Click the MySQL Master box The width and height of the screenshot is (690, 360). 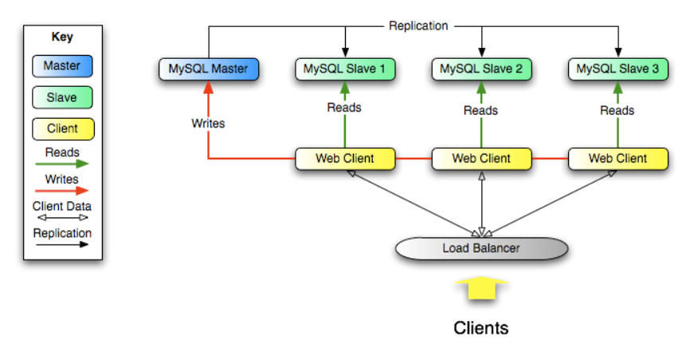point(208,68)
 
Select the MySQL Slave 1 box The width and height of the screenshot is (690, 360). point(344,68)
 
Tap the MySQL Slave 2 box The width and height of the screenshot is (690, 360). point(480,68)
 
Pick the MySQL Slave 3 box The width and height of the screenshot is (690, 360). point(617,68)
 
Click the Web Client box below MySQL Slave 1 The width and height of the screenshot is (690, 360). point(344,158)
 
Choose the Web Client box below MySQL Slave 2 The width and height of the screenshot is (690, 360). point(480,158)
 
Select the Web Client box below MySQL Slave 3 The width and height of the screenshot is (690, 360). point(617,158)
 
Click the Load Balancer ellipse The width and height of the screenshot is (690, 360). point(481,248)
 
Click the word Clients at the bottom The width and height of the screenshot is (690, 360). point(481,327)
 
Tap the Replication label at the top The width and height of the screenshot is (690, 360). point(418,25)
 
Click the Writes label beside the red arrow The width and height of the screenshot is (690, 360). point(208,123)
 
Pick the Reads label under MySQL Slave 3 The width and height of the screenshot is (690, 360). point(617,111)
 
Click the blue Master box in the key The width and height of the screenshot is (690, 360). point(61,66)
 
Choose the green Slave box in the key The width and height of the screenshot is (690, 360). point(61,97)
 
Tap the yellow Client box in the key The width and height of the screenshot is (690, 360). point(62,128)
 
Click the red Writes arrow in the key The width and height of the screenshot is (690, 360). point(61,191)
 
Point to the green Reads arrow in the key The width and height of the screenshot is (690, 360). point(61,163)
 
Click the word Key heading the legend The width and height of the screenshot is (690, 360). point(61,36)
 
